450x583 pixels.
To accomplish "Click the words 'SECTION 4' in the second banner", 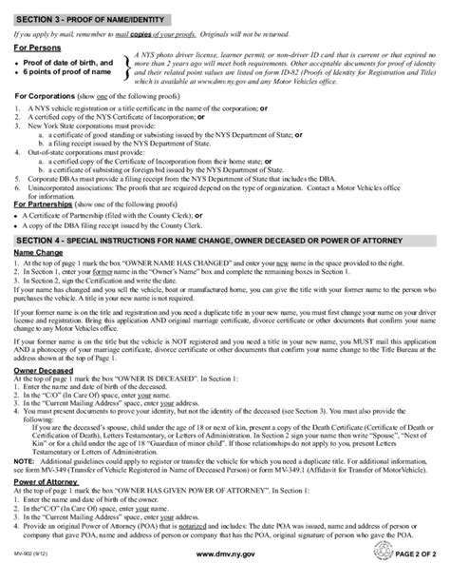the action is pyautogui.click(x=42, y=270).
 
